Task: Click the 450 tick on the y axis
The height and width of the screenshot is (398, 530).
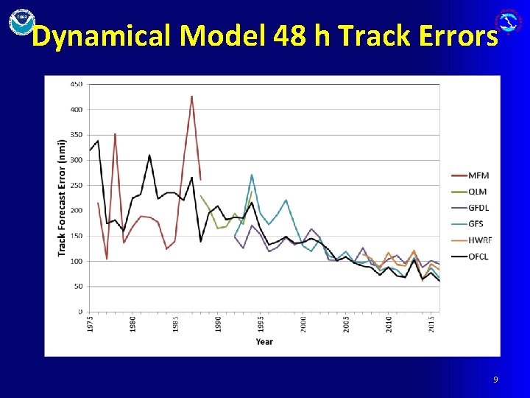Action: tap(76, 84)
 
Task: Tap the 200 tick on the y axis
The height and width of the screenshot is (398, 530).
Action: tap(76, 211)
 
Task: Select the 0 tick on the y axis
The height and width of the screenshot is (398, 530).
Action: tap(80, 312)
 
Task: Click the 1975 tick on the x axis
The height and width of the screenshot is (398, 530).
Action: tap(91, 324)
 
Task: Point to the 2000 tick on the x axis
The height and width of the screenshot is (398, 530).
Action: tap(303, 324)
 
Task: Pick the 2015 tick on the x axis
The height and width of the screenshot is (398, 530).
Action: tap(431, 324)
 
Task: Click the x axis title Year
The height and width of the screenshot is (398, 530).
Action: tap(264, 341)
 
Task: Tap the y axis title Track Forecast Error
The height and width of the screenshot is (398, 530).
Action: tap(62, 198)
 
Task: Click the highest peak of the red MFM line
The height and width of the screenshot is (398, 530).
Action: tap(191, 97)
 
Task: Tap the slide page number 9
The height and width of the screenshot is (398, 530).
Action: tap(495, 380)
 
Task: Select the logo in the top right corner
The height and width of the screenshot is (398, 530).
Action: tap(510, 21)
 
